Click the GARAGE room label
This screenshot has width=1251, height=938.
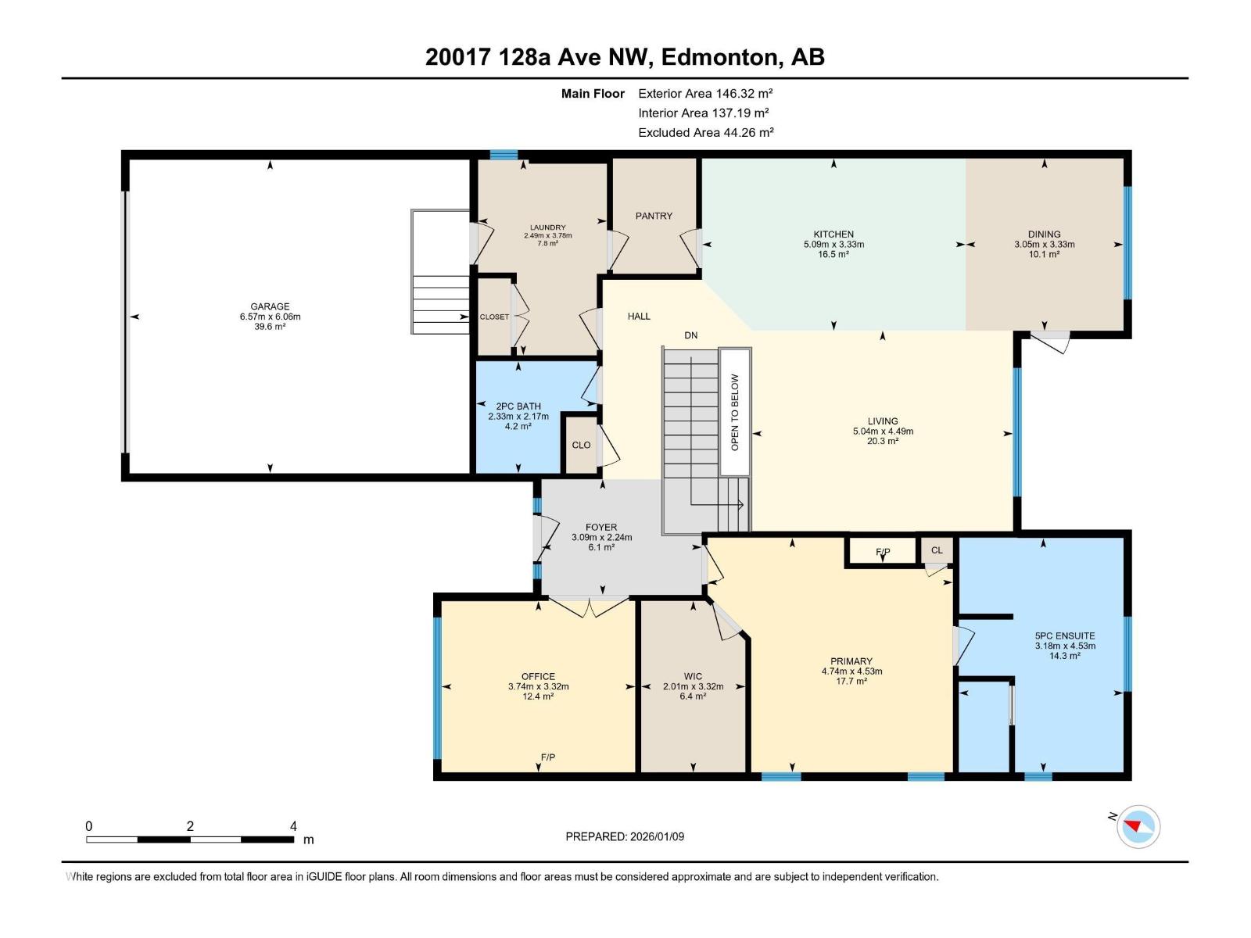270,306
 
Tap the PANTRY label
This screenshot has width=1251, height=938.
654,216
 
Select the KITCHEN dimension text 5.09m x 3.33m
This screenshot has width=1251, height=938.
833,245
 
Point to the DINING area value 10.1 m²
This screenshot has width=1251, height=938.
1044,255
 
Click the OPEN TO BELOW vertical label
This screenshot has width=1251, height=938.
735,413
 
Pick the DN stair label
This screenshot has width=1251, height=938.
690,335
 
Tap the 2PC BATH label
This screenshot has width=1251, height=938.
518,406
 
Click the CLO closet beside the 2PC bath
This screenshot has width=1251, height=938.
582,445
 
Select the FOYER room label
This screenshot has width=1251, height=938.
601,528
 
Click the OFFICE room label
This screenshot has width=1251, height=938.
538,677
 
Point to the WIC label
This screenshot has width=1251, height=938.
693,677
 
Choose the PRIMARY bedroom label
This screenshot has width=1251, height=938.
851,661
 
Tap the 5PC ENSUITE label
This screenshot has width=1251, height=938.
1065,636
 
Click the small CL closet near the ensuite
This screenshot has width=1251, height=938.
937,550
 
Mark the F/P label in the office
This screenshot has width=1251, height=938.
548,757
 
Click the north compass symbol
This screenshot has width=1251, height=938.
1138,826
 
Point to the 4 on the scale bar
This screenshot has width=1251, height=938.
293,825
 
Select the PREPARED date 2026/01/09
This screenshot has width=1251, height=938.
657,836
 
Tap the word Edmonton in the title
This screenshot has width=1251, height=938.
721,58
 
